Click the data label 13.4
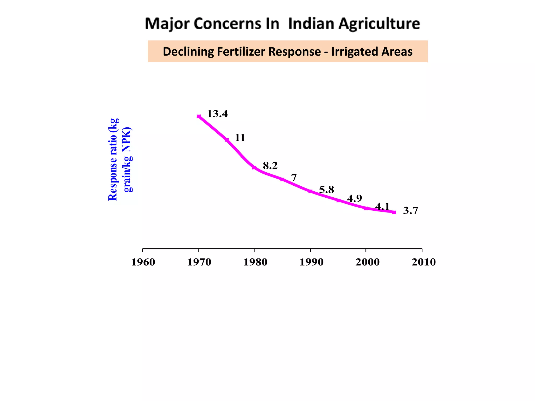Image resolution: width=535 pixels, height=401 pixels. [217, 114]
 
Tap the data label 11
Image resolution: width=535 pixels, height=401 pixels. [240, 138]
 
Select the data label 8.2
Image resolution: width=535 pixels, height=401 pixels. [270, 166]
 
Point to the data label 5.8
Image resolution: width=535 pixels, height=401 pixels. [327, 190]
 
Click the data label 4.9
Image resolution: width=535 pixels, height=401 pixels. [354, 199]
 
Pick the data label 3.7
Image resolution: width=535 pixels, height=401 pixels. [410, 211]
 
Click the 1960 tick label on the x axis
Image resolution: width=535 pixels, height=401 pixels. [143, 262]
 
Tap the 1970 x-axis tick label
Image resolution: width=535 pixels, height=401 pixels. [199, 262]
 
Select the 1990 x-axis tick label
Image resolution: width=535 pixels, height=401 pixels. [311, 262]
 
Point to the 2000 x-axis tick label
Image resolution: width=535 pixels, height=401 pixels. [367, 262]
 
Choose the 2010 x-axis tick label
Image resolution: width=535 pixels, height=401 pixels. [423, 262]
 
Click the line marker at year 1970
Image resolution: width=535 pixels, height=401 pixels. [199, 116]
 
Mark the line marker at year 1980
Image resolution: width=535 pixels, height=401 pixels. [254, 168]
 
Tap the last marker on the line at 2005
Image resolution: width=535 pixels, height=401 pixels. [394, 212]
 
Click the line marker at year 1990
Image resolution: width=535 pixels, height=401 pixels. [310, 191]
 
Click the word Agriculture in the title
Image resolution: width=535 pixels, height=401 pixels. [379, 24]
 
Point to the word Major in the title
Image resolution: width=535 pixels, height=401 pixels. [167, 24]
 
